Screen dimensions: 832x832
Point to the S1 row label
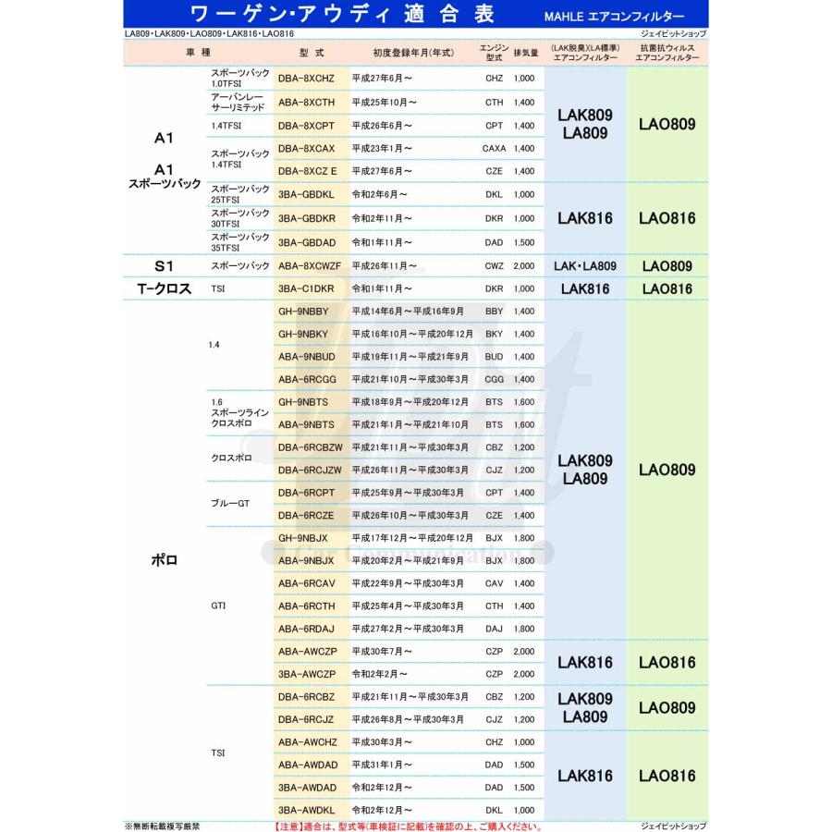point(165,266)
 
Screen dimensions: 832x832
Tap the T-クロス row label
point(165,288)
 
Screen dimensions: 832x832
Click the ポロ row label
point(164,560)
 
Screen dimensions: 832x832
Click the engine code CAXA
point(495,148)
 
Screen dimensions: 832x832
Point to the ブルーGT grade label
point(231,504)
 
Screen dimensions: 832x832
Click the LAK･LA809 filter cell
point(584,266)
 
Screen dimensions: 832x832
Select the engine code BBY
point(494,312)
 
